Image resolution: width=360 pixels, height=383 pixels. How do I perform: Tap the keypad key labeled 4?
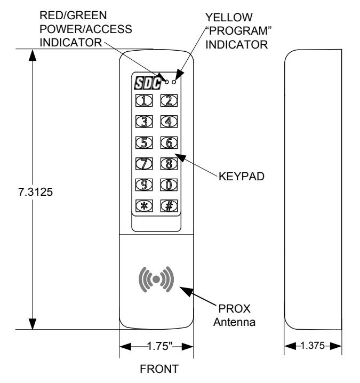point(169,122)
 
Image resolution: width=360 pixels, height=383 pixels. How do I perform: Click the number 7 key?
point(144,163)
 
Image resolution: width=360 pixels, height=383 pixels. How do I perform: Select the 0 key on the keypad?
point(169,185)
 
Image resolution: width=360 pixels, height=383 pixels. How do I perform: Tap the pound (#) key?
point(169,206)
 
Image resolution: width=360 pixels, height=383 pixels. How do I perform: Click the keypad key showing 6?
point(169,142)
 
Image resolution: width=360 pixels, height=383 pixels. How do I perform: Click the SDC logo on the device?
point(148,83)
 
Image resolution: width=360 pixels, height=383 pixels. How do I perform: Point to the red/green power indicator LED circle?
point(166,82)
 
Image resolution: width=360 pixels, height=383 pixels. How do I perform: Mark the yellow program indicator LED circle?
point(174,82)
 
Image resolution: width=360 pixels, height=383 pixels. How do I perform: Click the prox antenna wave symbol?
point(156,279)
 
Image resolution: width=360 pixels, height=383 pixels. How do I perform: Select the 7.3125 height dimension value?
point(35,192)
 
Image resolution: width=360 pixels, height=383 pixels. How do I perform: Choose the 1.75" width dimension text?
point(160,346)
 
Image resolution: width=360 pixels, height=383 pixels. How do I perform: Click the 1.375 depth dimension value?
point(313,345)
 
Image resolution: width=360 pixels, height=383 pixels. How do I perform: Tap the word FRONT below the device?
point(159,369)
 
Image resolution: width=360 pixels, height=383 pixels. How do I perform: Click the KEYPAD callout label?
point(242,177)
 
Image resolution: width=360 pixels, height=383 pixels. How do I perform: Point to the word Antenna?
point(235,322)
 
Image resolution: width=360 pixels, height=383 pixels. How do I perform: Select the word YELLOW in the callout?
point(229,18)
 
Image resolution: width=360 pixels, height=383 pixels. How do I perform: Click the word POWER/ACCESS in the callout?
point(86,29)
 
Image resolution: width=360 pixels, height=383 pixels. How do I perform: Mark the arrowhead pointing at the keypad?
point(180,157)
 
